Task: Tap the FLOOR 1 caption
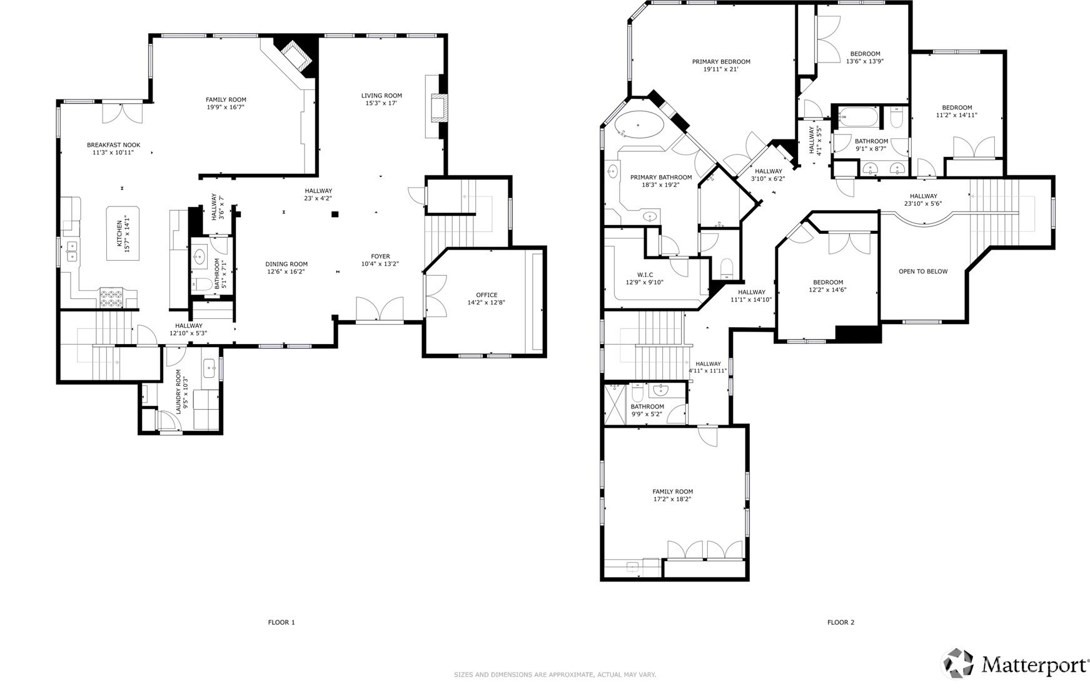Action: (x=281, y=622)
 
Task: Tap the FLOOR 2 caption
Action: (x=840, y=622)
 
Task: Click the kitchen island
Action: (x=123, y=233)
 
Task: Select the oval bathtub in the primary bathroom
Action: (x=639, y=126)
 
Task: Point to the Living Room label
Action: (x=381, y=96)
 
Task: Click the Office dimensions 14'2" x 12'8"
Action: (x=487, y=303)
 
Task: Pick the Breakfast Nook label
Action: (x=113, y=145)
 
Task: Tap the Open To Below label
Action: (x=923, y=271)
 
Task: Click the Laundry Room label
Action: (x=178, y=392)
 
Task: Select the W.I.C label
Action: (x=645, y=275)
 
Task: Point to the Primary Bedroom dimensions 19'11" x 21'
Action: (x=721, y=69)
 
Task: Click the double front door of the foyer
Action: (x=380, y=310)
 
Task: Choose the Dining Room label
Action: (x=286, y=264)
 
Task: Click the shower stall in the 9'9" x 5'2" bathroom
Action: (x=616, y=403)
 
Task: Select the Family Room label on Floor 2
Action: (x=673, y=492)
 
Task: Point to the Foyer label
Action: (x=380, y=256)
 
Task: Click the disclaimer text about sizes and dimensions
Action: (x=555, y=675)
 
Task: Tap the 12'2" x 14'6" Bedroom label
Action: (x=829, y=282)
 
